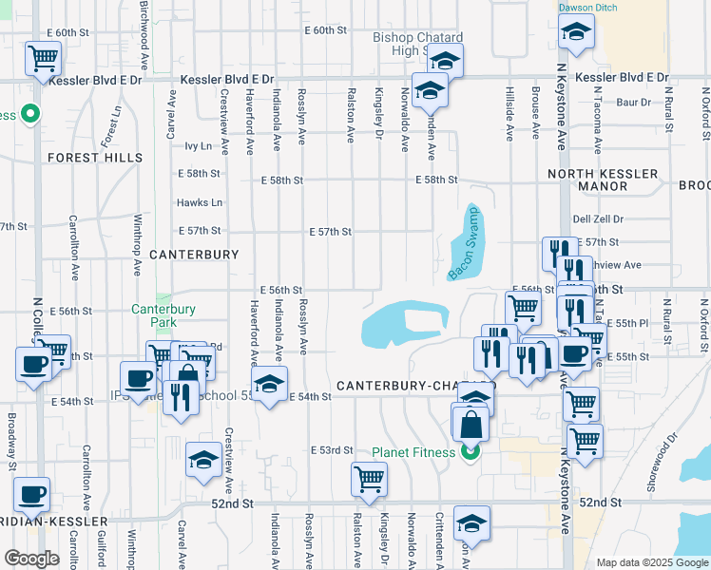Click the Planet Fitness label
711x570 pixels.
[413, 452]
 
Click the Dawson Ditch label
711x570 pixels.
[586, 8]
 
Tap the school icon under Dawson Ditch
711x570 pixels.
[575, 35]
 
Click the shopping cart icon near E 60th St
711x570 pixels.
[43, 59]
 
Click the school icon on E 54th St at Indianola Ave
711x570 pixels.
[271, 386]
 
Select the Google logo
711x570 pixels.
[31, 559]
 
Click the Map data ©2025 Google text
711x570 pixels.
[652, 562]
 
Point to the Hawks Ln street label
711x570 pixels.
[200, 202]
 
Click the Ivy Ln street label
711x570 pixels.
[198, 146]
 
